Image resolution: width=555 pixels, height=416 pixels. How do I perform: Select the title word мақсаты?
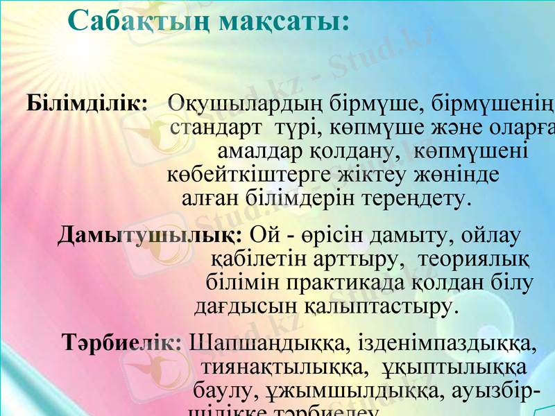coord(284,22)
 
